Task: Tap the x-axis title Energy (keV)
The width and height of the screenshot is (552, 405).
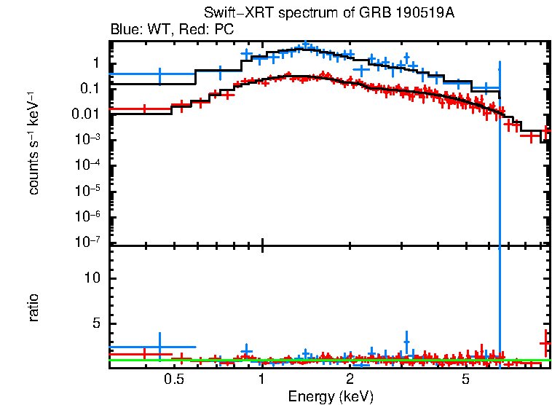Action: (330, 396)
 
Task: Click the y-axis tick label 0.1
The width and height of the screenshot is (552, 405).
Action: (90, 88)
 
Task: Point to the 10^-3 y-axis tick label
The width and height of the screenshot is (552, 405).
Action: (87, 139)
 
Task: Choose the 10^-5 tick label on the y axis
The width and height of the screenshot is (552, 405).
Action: (87, 190)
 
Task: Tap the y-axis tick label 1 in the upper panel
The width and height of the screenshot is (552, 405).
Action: (95, 63)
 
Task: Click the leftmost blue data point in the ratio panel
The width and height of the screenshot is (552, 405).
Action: (159, 347)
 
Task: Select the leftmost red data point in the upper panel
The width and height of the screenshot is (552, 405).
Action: (144, 109)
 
